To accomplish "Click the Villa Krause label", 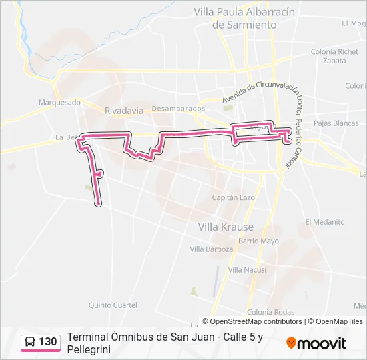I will coord(226,227).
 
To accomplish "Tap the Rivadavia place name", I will coord(125,111).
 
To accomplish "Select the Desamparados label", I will coord(178,109).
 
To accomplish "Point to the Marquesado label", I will coord(59,103).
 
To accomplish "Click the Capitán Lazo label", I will coord(234,198).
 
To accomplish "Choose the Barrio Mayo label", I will coord(258,241).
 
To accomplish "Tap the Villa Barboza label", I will coord(212,249).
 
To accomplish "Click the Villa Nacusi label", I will coord(247,270).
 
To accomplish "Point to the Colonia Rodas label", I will coord(270,313).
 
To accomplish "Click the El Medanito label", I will coord(325,222).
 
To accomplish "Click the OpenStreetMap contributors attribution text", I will coord(256,321).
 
